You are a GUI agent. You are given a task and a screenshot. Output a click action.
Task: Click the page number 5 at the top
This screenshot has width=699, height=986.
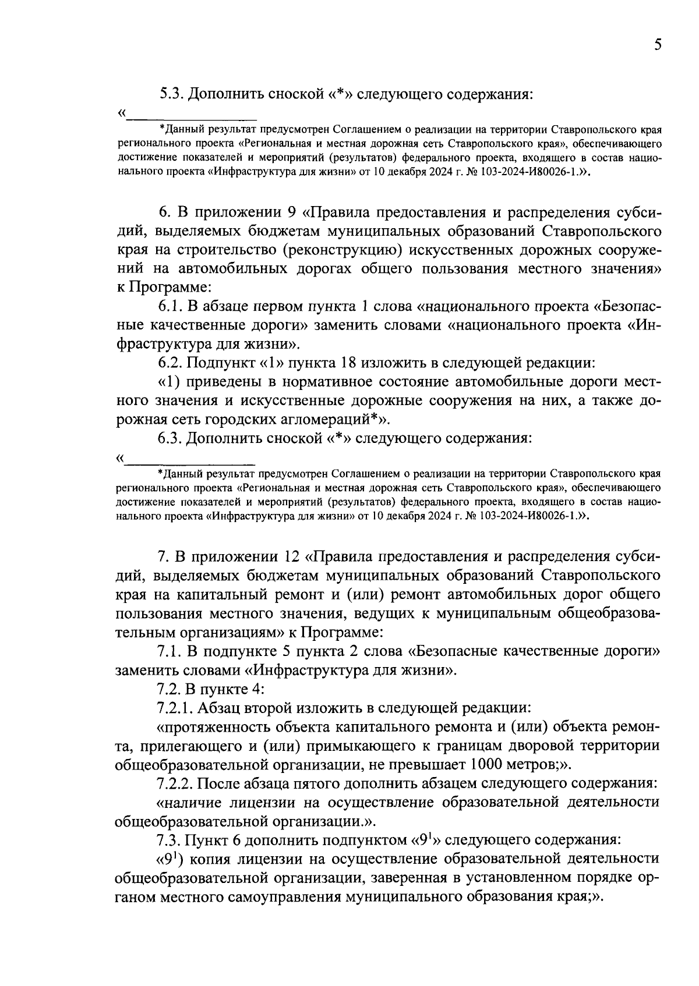pyautogui.click(x=657, y=45)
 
